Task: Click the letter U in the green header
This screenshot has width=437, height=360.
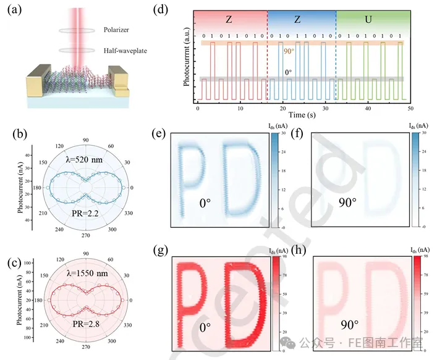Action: pyautogui.click(x=368, y=19)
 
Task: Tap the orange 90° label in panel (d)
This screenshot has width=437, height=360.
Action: pyautogui.click(x=289, y=52)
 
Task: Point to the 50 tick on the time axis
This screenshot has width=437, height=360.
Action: pyautogui.click(x=410, y=108)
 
